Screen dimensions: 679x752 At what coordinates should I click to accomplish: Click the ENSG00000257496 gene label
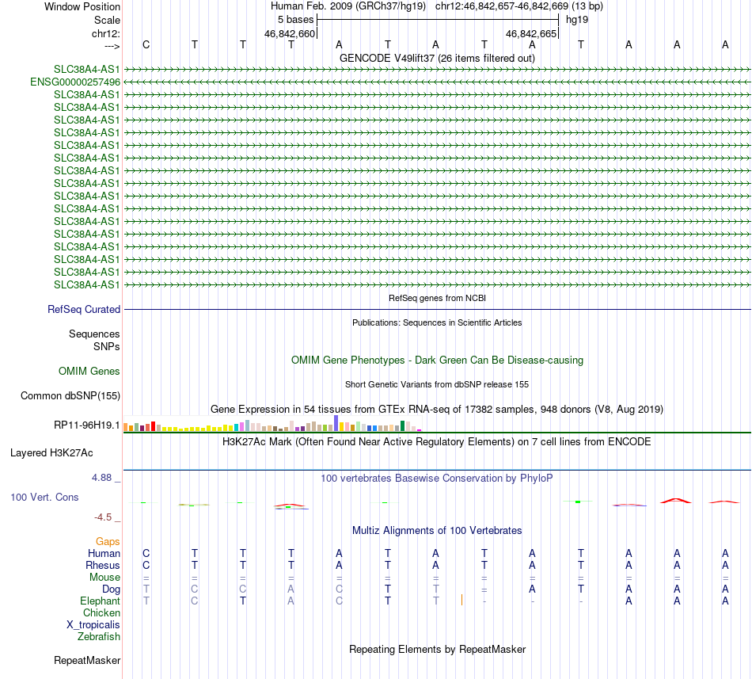click(x=75, y=82)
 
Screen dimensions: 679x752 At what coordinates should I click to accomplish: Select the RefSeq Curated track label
click(x=84, y=310)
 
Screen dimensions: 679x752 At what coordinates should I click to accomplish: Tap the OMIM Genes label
click(x=89, y=371)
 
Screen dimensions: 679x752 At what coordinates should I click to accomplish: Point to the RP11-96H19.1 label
click(x=87, y=425)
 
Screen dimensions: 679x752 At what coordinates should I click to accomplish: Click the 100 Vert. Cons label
click(x=44, y=497)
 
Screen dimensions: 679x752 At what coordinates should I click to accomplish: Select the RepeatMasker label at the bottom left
click(x=87, y=660)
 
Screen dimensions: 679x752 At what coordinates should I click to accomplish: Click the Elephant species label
click(x=101, y=601)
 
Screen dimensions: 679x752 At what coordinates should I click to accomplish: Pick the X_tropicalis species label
click(x=93, y=624)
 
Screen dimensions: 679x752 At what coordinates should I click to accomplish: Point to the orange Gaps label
click(x=108, y=541)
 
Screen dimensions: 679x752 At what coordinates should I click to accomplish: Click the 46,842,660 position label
click(x=290, y=34)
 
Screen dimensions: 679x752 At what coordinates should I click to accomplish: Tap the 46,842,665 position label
click(x=531, y=34)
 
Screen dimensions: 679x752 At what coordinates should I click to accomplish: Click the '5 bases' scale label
click(x=295, y=19)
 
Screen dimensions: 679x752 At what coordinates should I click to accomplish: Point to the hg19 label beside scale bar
click(x=575, y=19)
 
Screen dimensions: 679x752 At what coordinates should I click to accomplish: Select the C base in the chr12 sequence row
click(x=146, y=44)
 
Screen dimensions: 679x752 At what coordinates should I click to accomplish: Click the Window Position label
click(x=82, y=6)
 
